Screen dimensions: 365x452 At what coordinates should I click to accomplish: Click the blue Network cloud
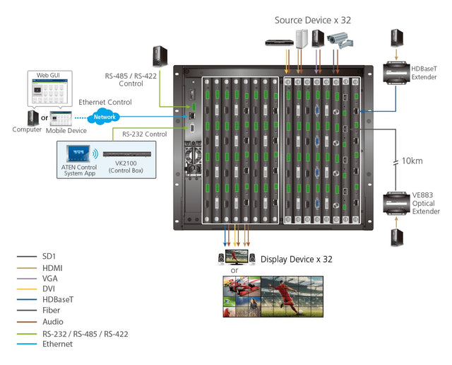(x=105, y=117)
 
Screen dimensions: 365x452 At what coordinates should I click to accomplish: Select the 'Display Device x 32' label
(x=297, y=259)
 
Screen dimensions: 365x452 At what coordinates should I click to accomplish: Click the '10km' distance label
(x=411, y=161)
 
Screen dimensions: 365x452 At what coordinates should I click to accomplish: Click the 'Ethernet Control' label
(x=105, y=102)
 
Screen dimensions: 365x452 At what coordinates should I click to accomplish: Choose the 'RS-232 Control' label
(x=144, y=134)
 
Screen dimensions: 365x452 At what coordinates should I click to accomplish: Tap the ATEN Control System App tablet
(x=76, y=153)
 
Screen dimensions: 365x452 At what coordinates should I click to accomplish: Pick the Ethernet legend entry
(x=57, y=344)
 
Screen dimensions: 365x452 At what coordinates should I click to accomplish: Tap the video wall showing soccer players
(x=292, y=296)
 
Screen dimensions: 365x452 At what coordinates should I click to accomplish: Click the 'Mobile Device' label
(x=66, y=130)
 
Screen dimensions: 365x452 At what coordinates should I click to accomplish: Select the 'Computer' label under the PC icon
(x=28, y=129)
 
